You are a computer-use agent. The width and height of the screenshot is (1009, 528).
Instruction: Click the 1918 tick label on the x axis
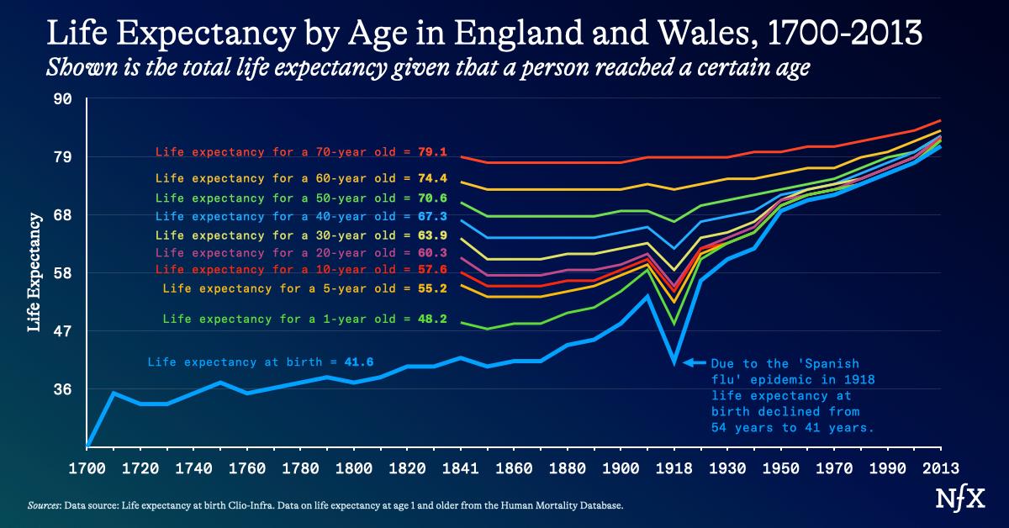point(673,467)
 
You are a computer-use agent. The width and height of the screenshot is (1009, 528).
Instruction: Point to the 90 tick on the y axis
point(64,99)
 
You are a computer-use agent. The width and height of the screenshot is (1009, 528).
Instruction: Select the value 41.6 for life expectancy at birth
point(358,362)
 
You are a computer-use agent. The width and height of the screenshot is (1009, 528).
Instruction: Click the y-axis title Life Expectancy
point(34,272)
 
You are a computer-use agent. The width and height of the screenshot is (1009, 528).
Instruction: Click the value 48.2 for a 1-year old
point(430,319)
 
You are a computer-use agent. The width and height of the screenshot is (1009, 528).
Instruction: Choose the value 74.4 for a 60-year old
point(430,178)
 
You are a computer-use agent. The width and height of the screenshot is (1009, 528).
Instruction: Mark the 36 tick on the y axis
point(64,389)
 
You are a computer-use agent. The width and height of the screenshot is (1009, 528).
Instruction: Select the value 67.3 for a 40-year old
point(430,217)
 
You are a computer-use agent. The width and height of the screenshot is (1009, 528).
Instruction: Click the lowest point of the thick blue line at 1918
point(673,362)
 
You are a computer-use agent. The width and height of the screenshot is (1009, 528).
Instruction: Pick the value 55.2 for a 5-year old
point(430,288)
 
